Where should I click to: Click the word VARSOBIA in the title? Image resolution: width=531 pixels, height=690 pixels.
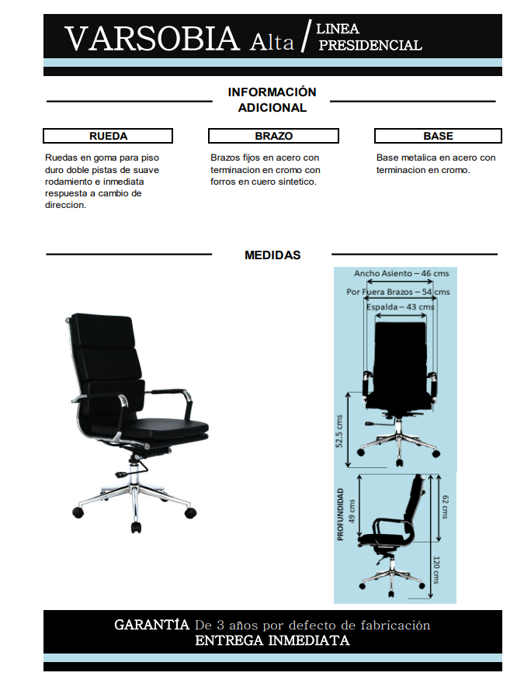pyautogui.click(x=152, y=38)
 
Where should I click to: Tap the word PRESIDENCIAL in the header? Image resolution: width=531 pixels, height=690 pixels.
pyautogui.click(x=370, y=46)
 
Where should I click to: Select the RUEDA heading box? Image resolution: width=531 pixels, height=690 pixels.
pyautogui.click(x=108, y=136)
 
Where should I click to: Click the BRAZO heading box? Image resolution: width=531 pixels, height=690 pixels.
pyautogui.click(x=273, y=136)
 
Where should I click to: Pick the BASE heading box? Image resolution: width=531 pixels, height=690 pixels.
pyautogui.click(x=439, y=136)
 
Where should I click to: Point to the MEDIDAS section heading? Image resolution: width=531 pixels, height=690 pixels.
pyautogui.click(x=272, y=255)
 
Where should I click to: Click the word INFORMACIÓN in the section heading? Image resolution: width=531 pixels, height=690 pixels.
pyautogui.click(x=272, y=92)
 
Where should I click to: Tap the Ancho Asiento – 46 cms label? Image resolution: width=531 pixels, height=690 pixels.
pyautogui.click(x=401, y=274)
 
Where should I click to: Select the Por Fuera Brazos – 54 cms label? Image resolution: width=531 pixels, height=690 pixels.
pyautogui.click(x=397, y=292)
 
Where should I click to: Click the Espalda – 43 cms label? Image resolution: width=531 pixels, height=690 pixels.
pyautogui.click(x=401, y=307)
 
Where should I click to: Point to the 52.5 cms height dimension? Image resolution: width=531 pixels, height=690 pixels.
pyautogui.click(x=339, y=432)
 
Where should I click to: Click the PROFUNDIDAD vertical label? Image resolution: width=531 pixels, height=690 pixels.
pyautogui.click(x=340, y=515)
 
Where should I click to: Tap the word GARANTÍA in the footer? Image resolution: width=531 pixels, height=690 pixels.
pyautogui.click(x=151, y=625)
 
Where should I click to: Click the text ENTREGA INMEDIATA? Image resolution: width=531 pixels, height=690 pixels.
pyautogui.click(x=272, y=641)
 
